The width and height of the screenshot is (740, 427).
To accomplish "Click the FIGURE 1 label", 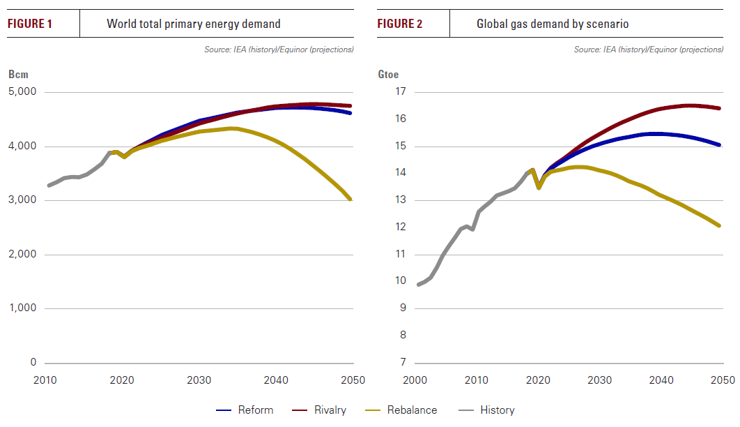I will pos(30,24).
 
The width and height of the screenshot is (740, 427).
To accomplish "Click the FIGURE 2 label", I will pos(400,24).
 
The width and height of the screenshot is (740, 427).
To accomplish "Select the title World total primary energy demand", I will pos(194,24).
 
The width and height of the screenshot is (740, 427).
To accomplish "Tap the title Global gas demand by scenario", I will pos(553,24).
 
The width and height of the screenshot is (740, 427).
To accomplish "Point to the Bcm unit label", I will pos(17,75).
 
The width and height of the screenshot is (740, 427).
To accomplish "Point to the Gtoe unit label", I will pos(388,75).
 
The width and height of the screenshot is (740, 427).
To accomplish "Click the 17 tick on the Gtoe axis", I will pos(399,92).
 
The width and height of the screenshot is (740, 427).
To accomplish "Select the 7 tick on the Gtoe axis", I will pos(401,362).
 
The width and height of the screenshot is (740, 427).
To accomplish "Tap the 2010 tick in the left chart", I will pos(45,380).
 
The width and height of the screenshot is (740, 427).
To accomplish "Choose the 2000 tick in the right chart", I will pos(415,380).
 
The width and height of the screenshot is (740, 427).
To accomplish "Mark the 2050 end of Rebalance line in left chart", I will pos(350,200).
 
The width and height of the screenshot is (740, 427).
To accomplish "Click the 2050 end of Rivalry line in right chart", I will pos(720,108).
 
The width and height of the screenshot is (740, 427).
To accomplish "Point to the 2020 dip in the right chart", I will pos(539,187).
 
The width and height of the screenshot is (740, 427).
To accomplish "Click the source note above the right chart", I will pos(648,50).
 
